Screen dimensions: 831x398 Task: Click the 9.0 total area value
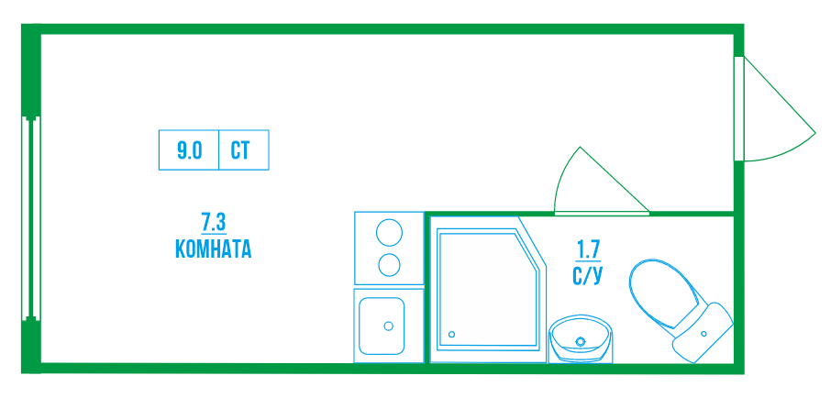pos(189,150)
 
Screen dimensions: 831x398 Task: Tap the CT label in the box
pos(240,150)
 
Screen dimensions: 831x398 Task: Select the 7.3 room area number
pos(213,221)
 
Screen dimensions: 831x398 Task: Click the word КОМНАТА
pos(212,249)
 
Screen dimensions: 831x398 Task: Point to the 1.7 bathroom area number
pos(587,248)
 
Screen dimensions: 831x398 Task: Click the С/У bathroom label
pos(587,274)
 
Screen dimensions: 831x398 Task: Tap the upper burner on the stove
pos(389,232)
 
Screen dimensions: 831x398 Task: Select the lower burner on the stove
pos(389,265)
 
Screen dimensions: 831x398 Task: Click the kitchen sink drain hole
pos(389,326)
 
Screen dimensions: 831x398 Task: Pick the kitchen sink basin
pos(380,326)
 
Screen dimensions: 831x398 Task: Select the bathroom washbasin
pos(582,341)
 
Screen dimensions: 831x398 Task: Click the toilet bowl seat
pos(661,293)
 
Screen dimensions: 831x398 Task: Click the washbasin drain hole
pos(580,343)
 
